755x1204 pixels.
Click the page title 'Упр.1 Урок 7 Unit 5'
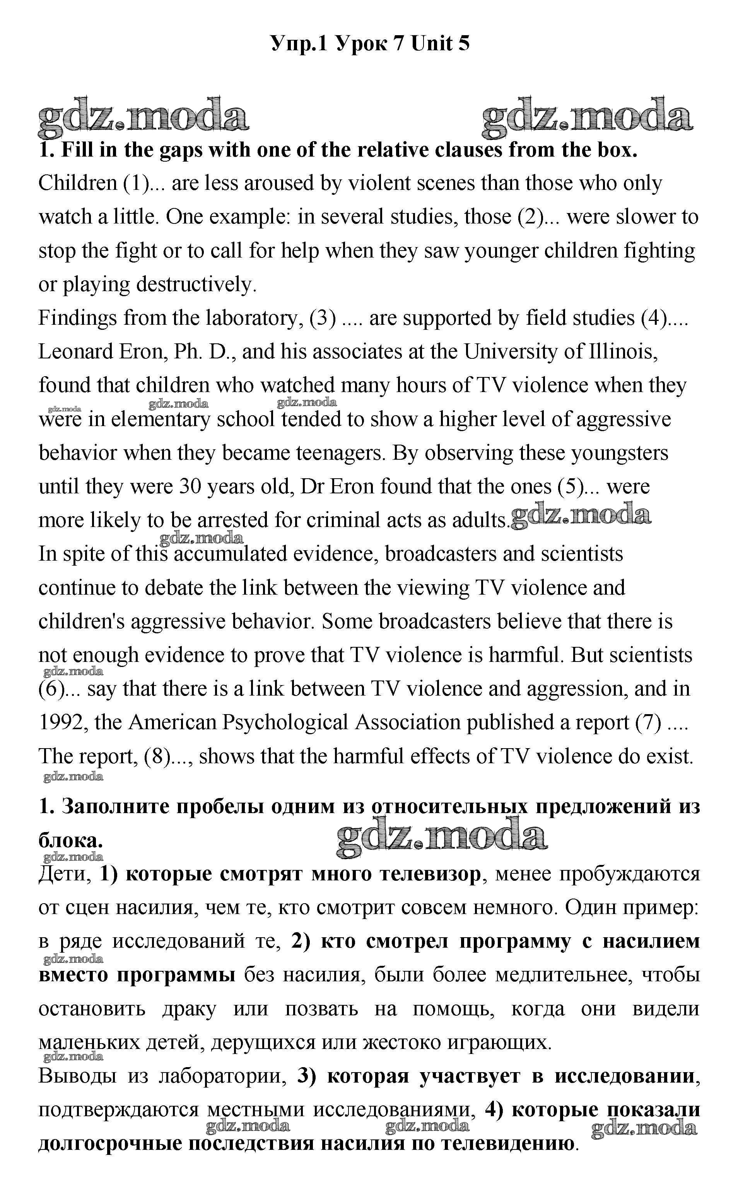[370, 44]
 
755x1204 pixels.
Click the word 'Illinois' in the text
[623, 352]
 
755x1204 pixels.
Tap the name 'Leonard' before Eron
[75, 352]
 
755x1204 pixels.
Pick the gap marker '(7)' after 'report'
[648, 722]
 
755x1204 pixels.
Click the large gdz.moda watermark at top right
[587, 118]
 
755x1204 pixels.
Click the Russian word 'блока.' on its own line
[70, 841]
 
